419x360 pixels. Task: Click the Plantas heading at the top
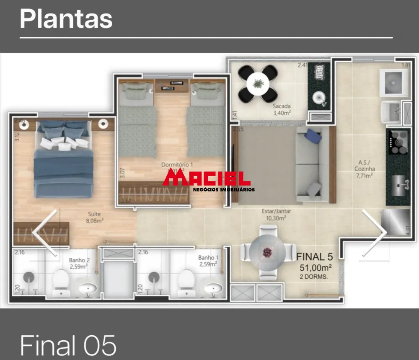click(x=66, y=19)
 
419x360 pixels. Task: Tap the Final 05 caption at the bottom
click(x=68, y=346)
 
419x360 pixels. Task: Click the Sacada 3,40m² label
click(x=281, y=109)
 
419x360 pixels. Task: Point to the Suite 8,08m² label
click(x=95, y=216)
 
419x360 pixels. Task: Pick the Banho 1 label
click(x=208, y=261)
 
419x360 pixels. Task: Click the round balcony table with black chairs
click(x=258, y=84)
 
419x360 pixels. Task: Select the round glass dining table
click(x=267, y=252)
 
